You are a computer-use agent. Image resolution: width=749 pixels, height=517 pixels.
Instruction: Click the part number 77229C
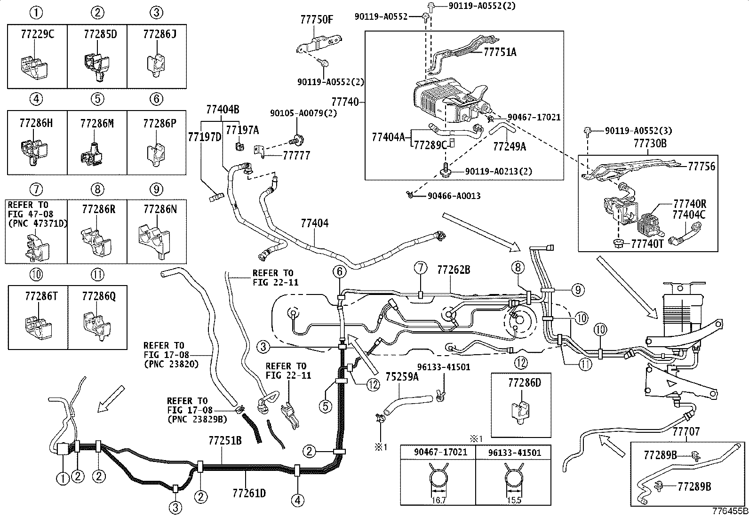38,34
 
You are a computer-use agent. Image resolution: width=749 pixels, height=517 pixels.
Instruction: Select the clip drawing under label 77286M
92,156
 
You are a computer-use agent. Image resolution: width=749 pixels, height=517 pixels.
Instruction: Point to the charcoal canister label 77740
345,102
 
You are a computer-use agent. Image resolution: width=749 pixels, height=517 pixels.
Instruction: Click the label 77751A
500,52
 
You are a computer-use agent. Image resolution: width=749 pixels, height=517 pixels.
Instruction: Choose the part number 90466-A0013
454,196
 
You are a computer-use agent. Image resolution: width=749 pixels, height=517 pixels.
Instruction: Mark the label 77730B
650,143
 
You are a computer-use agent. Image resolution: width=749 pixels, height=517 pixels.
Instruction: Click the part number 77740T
647,244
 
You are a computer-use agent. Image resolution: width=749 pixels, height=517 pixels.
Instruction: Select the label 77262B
454,270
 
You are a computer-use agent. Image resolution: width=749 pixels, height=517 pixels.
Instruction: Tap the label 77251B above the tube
225,441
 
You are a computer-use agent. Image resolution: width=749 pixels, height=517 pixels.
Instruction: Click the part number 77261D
249,493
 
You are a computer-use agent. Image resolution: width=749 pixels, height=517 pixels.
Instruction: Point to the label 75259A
402,377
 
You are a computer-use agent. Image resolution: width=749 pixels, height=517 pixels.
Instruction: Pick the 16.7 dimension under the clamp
438,501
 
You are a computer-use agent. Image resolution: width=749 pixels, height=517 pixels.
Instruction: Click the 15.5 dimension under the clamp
514,501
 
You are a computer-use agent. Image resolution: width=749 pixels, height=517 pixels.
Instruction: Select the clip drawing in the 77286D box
521,413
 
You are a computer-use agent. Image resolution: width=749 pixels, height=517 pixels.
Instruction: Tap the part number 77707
686,432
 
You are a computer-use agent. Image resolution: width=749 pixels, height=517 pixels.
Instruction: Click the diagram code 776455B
730,511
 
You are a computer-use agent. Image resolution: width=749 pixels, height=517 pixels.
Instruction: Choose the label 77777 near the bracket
296,156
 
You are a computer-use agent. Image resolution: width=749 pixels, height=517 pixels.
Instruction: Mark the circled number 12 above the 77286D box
521,363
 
